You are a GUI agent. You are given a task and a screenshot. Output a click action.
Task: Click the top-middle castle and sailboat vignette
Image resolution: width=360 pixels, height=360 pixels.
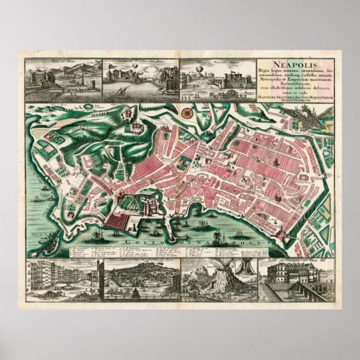pyautogui.click(x=140, y=78)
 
